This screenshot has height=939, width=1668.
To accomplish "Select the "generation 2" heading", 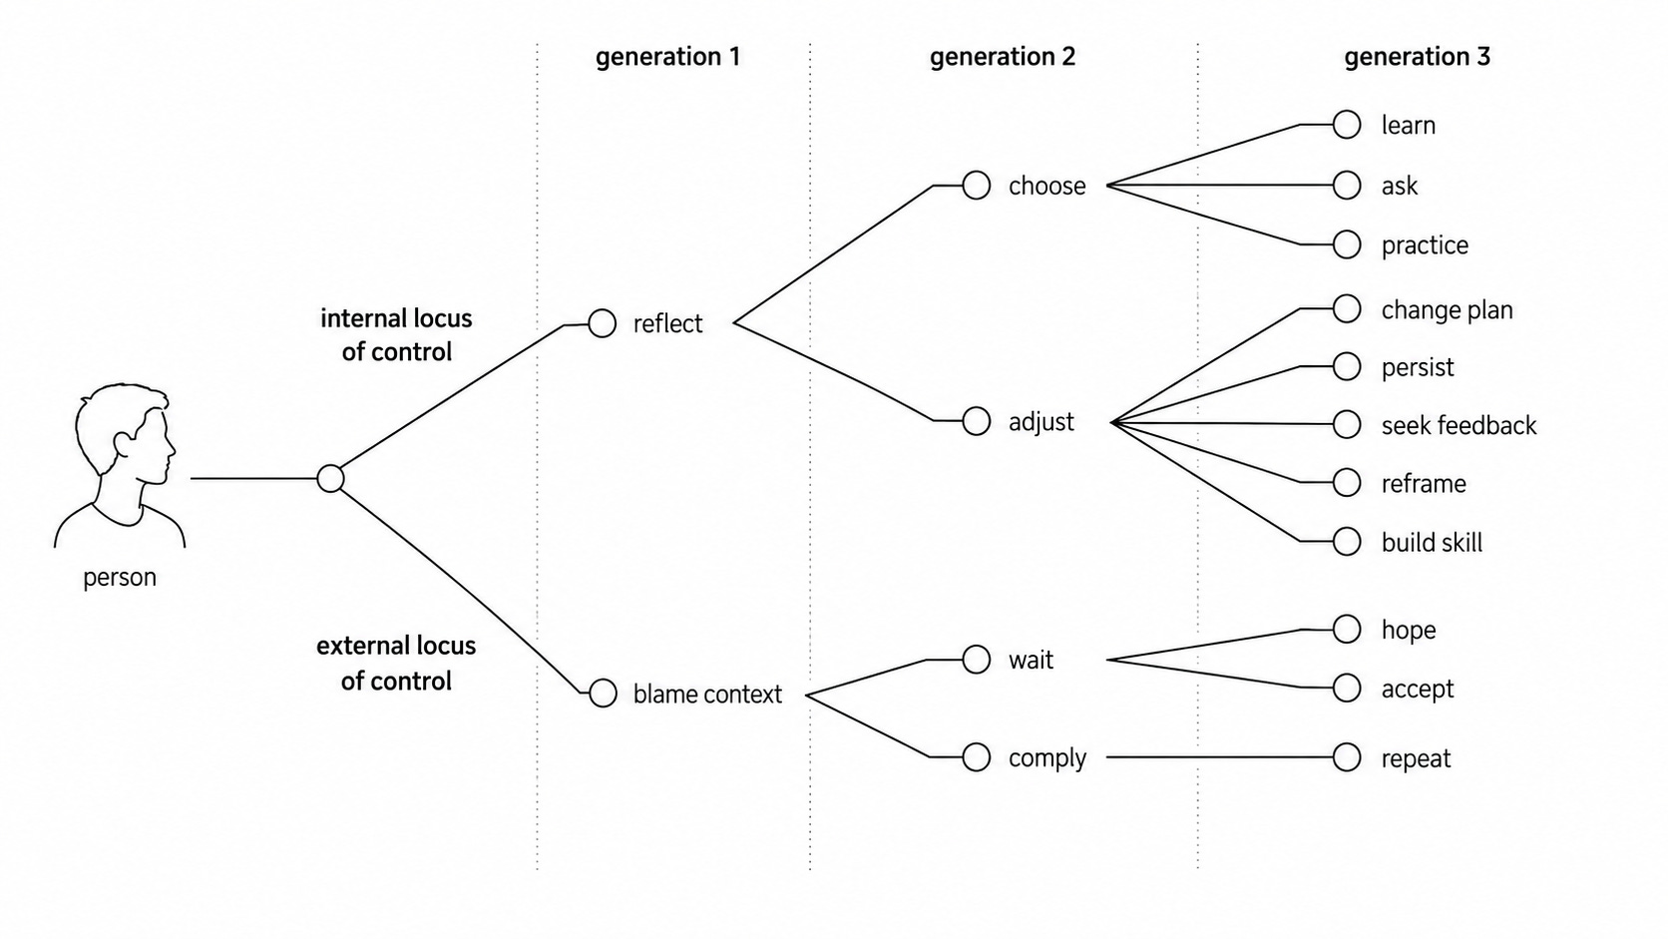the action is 1003,57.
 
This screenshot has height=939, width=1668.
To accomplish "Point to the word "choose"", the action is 1046,186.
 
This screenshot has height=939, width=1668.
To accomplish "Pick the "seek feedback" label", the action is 1459,425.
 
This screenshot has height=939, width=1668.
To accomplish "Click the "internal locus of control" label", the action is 396,335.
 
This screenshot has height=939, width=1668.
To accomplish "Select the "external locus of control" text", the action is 396,663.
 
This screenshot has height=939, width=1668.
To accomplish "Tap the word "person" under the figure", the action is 119,577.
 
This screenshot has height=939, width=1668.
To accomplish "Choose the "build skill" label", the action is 1432,542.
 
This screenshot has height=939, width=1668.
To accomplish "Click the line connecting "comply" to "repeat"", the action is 1219,757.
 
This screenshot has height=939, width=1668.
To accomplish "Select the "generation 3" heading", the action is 1417,57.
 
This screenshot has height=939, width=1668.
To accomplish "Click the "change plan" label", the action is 1447,309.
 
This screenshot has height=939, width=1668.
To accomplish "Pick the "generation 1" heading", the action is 668,57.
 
